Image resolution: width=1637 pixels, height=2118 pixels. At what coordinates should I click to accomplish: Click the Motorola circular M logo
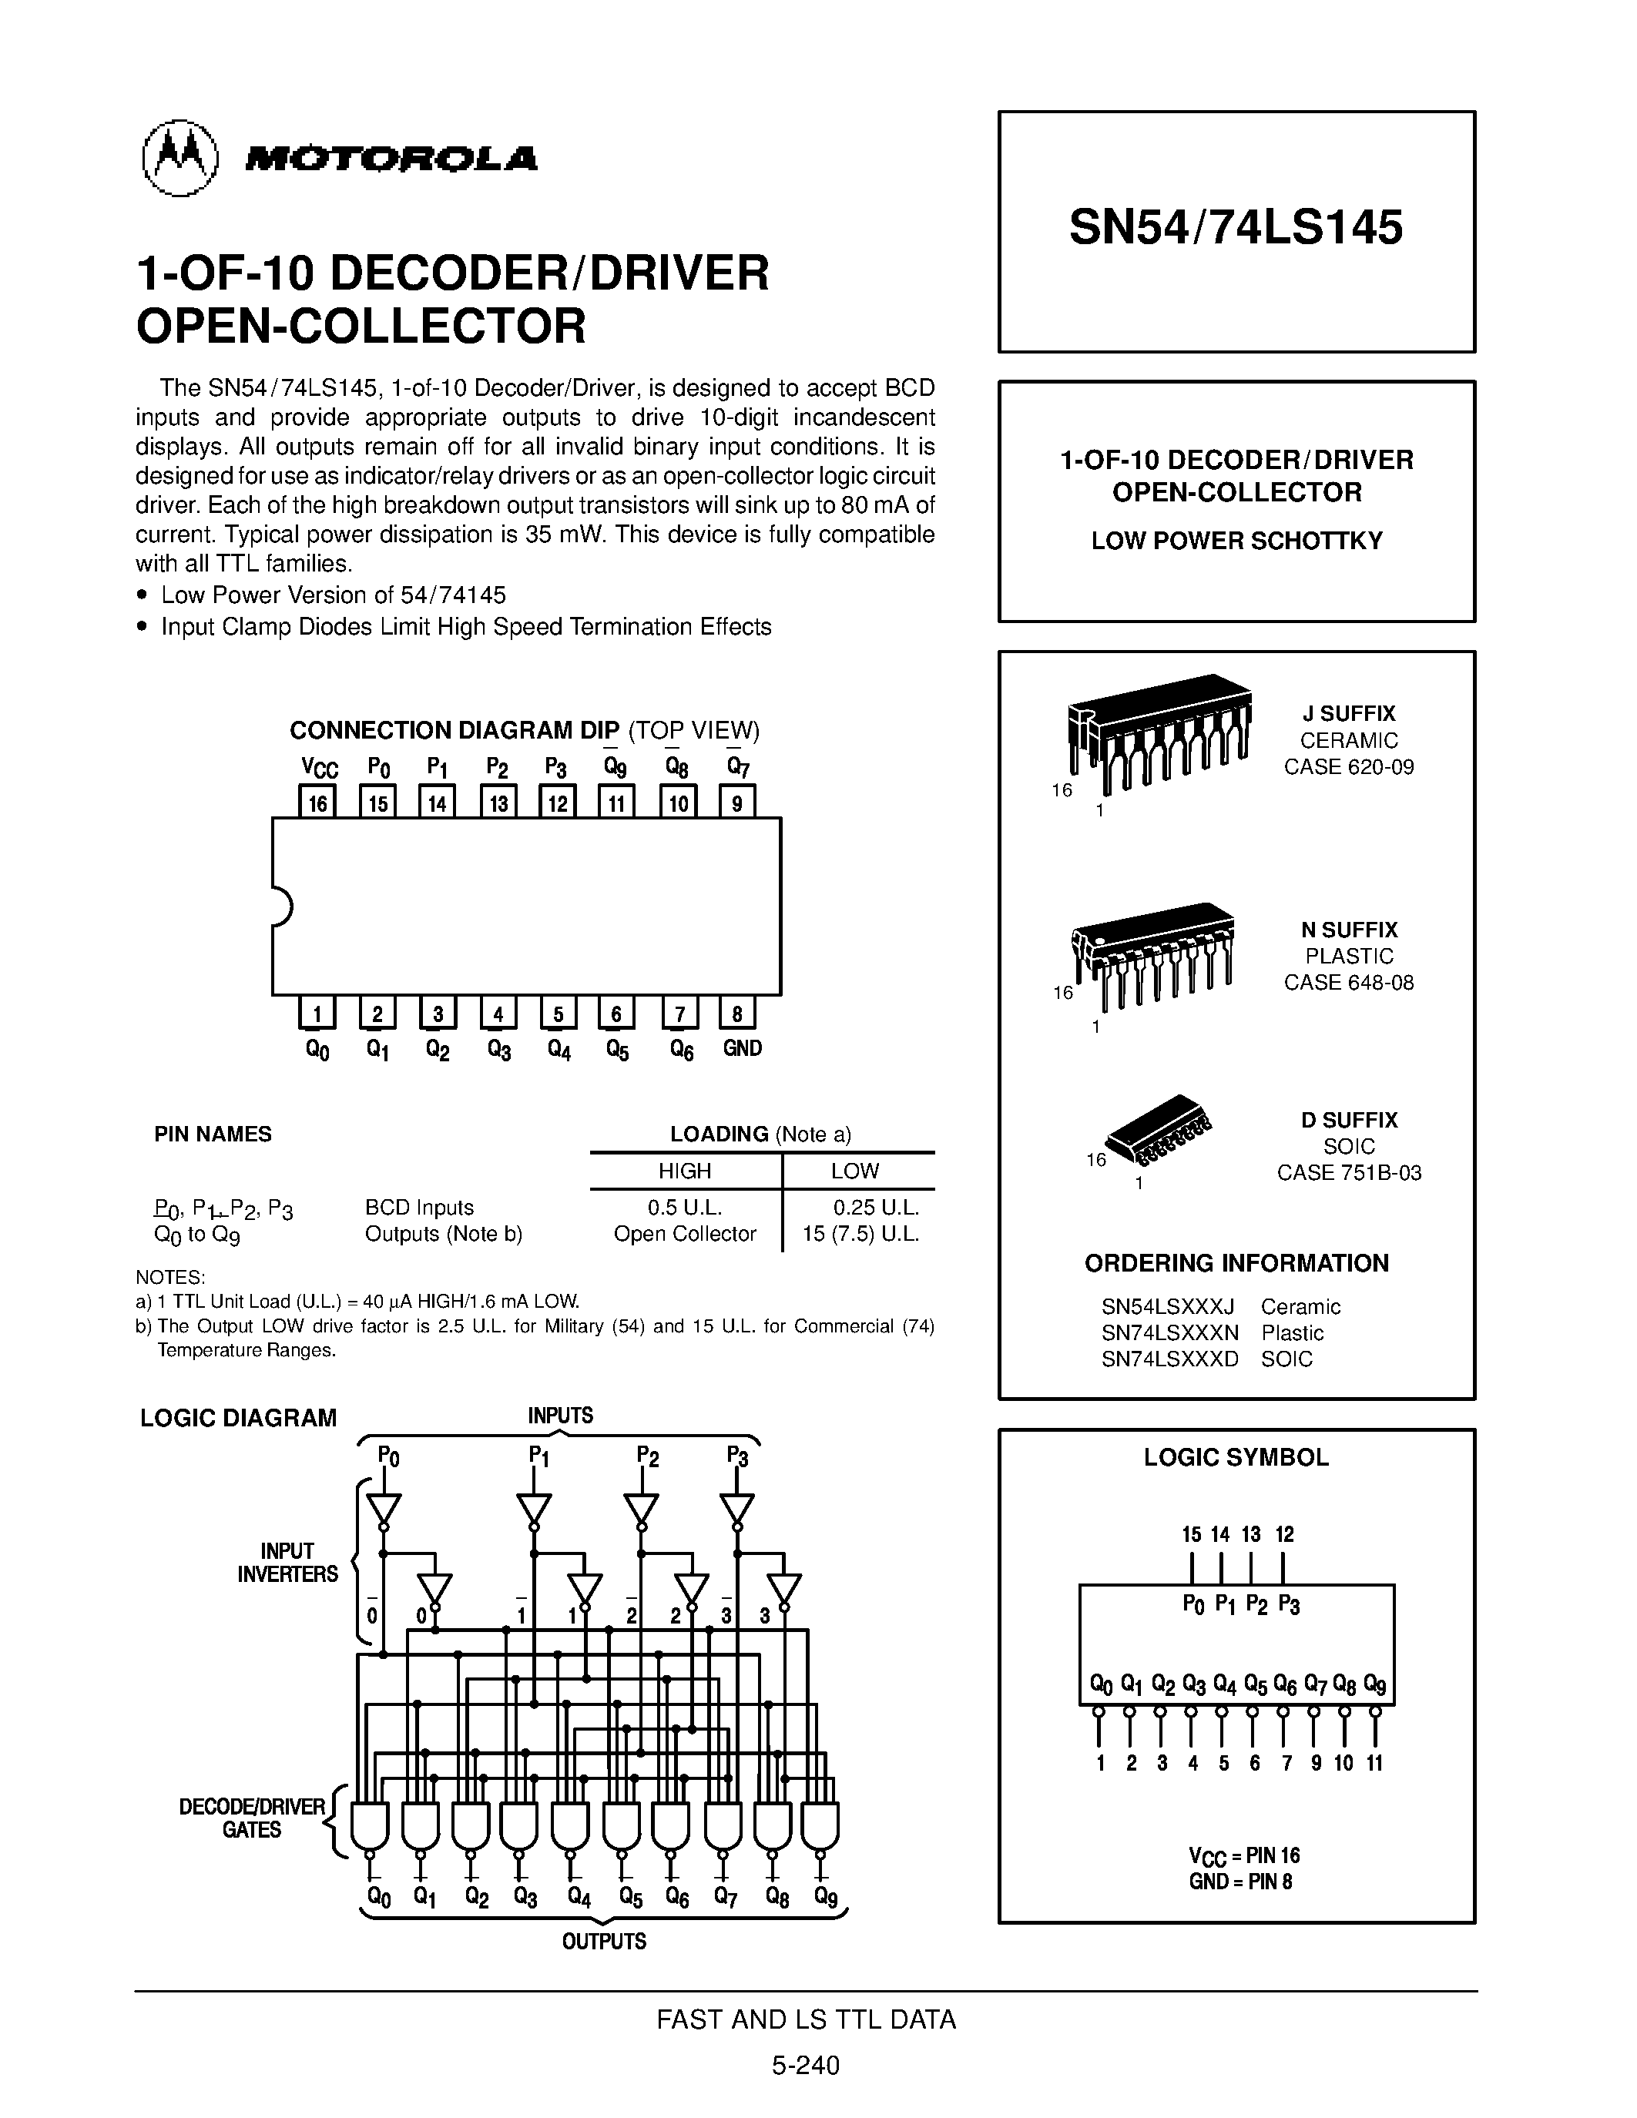coord(179,158)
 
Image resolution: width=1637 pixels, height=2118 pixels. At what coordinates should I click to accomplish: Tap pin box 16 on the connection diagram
coord(317,802)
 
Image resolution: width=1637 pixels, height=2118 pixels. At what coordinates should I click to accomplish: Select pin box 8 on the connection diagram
coord(737,1014)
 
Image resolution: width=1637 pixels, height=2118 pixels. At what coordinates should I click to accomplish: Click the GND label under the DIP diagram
coord(743,1048)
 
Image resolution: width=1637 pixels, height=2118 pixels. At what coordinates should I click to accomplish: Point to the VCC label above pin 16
coord(319,768)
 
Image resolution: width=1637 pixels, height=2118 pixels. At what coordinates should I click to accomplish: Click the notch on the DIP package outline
coord(281,907)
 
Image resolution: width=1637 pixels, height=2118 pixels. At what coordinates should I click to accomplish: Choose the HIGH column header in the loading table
coord(685,1171)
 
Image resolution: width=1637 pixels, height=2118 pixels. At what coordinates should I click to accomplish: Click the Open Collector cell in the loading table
coord(685,1234)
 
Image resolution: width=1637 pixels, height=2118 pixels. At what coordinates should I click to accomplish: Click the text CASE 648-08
coord(1348,983)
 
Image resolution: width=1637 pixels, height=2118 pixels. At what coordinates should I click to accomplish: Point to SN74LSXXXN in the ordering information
coord(1169,1332)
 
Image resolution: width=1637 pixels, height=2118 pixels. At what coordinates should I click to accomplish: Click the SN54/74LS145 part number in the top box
coord(1236,228)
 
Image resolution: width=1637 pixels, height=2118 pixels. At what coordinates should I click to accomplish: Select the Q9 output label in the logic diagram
coord(825,1897)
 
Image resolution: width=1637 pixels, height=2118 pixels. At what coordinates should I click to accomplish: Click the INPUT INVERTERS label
coord(287,1563)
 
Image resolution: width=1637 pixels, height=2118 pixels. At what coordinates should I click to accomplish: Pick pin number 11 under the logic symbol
coord(1374,1763)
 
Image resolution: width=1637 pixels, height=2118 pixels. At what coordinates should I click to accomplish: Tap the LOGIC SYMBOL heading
coord(1236,1458)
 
